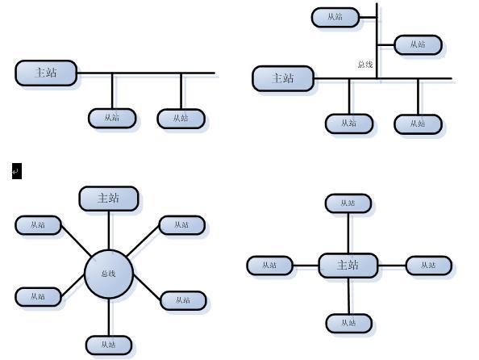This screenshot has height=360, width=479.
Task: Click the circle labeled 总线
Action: (x=109, y=274)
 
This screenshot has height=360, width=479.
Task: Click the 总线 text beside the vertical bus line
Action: (x=365, y=65)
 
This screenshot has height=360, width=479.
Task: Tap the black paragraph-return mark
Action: (x=17, y=171)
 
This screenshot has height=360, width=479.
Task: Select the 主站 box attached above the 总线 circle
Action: (x=109, y=199)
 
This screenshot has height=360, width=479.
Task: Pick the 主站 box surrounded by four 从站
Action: (x=348, y=266)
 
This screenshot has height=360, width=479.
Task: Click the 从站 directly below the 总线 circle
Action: (x=109, y=345)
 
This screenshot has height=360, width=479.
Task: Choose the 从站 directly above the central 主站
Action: (x=348, y=203)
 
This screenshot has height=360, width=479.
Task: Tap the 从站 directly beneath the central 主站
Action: (x=349, y=324)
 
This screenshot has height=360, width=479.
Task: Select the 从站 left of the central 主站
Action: (x=270, y=266)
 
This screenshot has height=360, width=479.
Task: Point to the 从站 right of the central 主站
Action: (x=429, y=266)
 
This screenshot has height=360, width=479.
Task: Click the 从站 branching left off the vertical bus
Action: (x=335, y=18)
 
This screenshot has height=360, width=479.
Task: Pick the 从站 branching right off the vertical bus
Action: (x=419, y=45)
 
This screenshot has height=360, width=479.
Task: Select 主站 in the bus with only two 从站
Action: (x=46, y=73)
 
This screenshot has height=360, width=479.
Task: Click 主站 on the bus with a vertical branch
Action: (x=283, y=78)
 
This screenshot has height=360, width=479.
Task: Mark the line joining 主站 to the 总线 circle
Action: (x=109, y=230)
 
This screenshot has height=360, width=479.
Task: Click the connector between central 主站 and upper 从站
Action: (x=348, y=233)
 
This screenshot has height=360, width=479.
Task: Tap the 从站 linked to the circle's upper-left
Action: (x=38, y=225)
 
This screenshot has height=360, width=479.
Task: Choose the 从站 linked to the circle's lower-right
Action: (x=183, y=300)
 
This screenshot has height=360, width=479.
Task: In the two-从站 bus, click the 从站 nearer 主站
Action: (x=112, y=118)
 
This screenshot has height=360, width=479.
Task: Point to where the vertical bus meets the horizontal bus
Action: (x=377, y=78)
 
